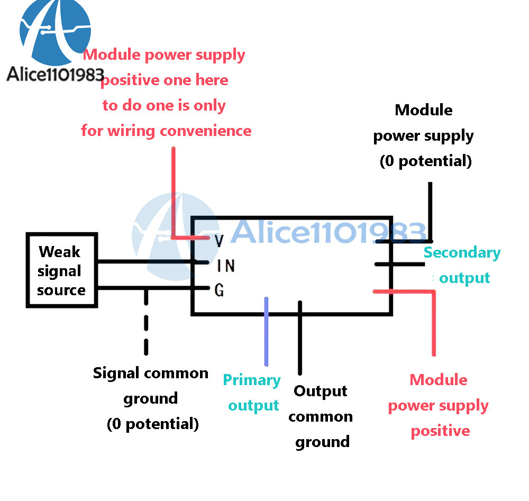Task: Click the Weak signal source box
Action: (x=61, y=270)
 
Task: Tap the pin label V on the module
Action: (x=219, y=241)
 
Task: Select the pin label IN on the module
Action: (x=226, y=266)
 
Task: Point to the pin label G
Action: (x=219, y=290)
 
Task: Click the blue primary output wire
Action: (x=266, y=333)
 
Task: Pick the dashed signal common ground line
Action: (x=146, y=323)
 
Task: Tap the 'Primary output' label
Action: (x=252, y=393)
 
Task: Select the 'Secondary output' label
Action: (x=462, y=265)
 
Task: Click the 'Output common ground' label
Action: (x=321, y=416)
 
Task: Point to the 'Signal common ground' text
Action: (x=151, y=374)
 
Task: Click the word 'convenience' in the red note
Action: (x=206, y=131)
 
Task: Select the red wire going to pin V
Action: (x=174, y=196)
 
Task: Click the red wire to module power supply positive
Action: (x=434, y=323)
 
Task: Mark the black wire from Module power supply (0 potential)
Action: (x=431, y=212)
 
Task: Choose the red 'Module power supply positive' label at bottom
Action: (x=439, y=405)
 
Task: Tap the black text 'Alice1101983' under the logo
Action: (x=55, y=74)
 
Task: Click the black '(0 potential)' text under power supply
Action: (x=425, y=161)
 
